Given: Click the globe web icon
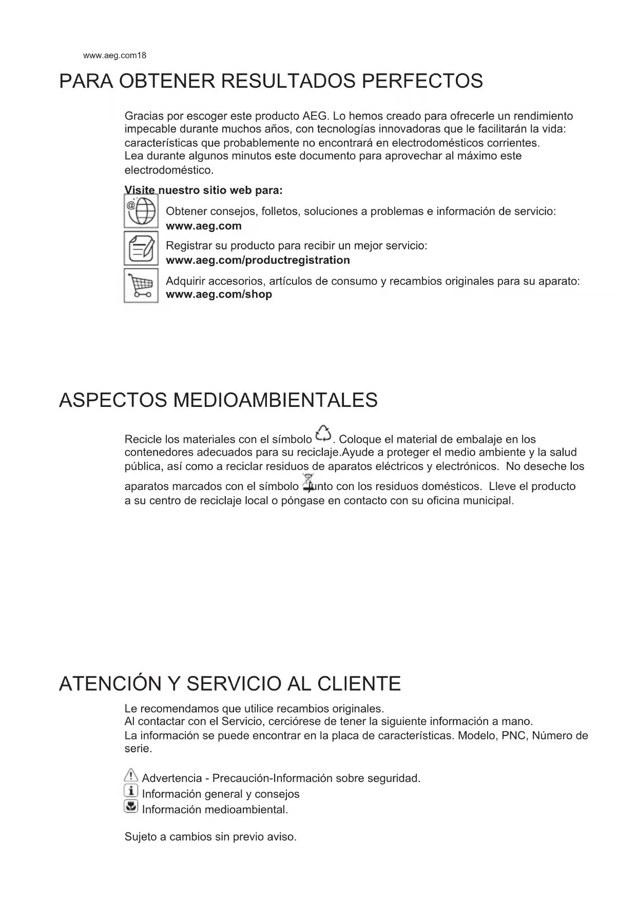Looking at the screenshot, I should click(x=141, y=211).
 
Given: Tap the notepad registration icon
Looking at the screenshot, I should click(x=141, y=248).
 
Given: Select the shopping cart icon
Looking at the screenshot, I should click(x=141, y=286).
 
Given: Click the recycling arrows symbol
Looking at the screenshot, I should click(x=324, y=434).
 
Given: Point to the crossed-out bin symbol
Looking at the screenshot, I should click(x=308, y=482).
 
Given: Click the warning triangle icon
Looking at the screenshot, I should click(x=131, y=775).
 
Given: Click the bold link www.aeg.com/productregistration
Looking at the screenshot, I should click(x=258, y=260).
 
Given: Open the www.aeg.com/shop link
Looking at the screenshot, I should click(x=219, y=295).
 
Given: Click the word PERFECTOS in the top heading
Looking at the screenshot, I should click(x=422, y=81).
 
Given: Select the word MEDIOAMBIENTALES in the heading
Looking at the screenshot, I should click(x=275, y=400).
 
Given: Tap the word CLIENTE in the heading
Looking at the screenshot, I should click(x=359, y=684).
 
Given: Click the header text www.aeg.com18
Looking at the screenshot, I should click(x=114, y=55).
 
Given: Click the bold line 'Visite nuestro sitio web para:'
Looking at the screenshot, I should click(x=203, y=190).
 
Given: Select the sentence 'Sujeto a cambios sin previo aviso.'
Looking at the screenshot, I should click(x=210, y=837).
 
